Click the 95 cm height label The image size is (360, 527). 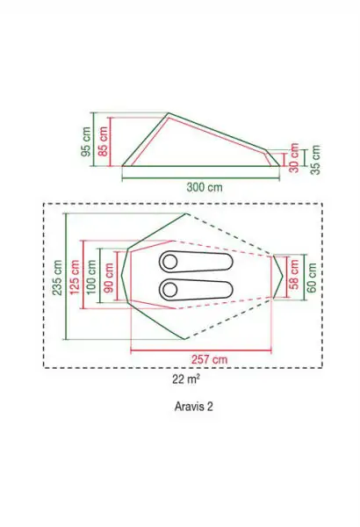tap(86, 141)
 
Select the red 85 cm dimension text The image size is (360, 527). tap(103, 141)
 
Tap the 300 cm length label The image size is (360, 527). tap(205, 187)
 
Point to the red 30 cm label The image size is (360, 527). tap(294, 157)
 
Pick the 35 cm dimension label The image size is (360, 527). tap(315, 160)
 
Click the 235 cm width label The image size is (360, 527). tap(58, 278)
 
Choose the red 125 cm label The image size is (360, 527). tap(75, 277)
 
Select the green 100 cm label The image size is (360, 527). tap(91, 277)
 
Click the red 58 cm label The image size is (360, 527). tap(294, 274)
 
